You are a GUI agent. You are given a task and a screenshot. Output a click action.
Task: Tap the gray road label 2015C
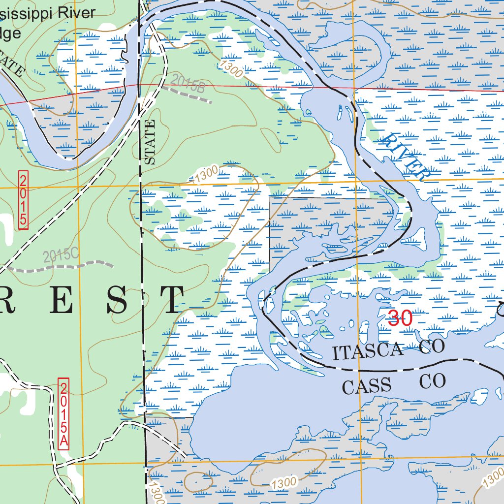(61, 255)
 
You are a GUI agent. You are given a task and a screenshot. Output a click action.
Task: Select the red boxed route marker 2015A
(63, 413)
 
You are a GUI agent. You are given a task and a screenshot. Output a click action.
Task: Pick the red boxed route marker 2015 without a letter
(23, 200)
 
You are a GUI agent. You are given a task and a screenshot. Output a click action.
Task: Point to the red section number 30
(400, 318)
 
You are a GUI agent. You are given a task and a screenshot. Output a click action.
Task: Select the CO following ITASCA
(432, 346)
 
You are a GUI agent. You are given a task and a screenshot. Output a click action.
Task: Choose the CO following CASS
(433, 381)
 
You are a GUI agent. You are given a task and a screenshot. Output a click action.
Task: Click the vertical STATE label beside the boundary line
(150, 142)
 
